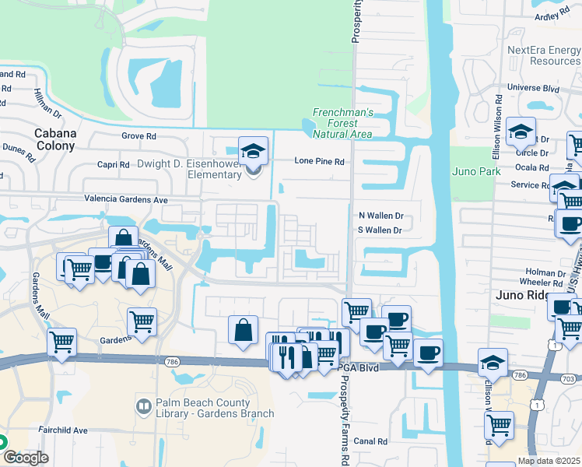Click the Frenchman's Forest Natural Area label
(x=343, y=123)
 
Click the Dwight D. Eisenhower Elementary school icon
(x=253, y=153)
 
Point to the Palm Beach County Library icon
(x=144, y=406)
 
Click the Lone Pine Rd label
(x=319, y=161)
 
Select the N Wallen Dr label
(x=380, y=215)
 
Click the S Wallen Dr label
(x=380, y=230)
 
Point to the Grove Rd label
(x=139, y=135)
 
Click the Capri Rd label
(x=113, y=164)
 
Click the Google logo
(x=25, y=458)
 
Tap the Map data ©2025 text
(x=549, y=461)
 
